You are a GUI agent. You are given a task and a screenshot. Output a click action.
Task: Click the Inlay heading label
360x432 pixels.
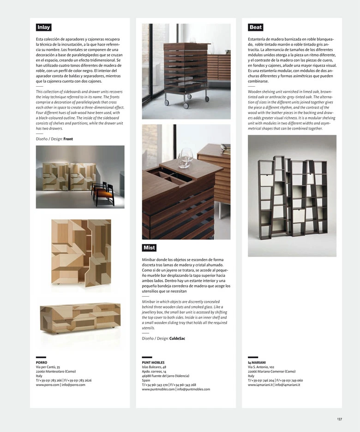coord(44,27)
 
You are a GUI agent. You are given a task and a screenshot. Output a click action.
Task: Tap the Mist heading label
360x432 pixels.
coord(149,248)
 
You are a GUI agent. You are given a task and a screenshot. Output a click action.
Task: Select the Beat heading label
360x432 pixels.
coord(255,27)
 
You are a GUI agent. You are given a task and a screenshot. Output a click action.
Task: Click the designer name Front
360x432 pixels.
coord(68,139)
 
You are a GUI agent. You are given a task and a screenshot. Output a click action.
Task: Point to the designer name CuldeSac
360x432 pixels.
coord(178,338)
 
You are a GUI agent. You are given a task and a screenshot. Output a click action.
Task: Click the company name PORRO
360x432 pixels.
coord(42,363)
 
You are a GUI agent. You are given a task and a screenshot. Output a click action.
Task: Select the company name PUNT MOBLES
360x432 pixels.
coord(153,363)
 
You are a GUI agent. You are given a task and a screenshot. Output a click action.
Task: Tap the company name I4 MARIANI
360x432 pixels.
coord(257,363)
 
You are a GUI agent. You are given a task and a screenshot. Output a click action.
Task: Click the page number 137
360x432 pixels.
coord(339,419)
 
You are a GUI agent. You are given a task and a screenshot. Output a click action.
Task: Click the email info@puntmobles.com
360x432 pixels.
coord(193,389)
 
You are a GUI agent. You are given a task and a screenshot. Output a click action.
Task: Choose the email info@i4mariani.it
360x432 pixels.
coord(288,384)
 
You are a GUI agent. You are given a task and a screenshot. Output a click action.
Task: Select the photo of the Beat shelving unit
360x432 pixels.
coord(292,195)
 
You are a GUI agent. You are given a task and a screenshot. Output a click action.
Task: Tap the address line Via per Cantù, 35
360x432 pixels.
coord(48,367)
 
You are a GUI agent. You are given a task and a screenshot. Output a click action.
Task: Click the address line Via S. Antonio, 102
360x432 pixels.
coord(261,367)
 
